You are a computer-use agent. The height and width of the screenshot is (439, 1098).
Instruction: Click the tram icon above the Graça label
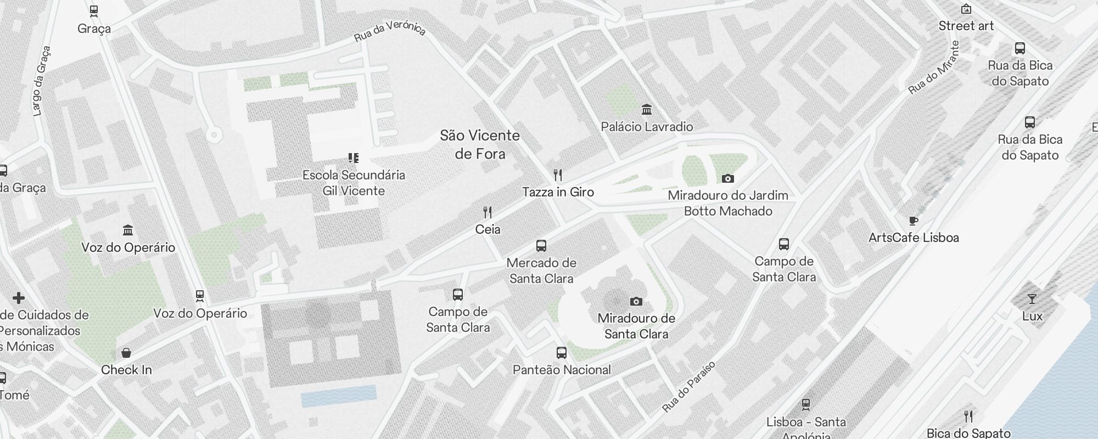coord(94,10)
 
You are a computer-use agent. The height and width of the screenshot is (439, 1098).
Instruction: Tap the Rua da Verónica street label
coord(390,31)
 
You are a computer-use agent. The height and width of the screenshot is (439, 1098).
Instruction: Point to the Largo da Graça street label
coord(42,81)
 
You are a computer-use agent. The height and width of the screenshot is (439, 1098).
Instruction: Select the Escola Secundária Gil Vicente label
coord(354,183)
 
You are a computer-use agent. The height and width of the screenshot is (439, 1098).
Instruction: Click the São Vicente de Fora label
coord(480,144)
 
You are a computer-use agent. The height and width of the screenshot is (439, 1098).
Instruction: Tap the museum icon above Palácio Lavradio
coord(647,110)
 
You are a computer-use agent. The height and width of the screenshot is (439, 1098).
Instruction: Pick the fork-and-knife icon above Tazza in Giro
coord(558,175)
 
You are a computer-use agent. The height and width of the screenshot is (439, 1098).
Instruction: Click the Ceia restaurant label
coord(488,229)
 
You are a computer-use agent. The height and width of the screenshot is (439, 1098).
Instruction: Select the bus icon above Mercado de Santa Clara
coord(541,246)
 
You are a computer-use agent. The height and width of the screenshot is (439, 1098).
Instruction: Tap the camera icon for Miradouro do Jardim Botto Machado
coord(728,178)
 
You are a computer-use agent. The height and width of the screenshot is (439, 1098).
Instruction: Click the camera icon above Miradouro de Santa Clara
coord(636,301)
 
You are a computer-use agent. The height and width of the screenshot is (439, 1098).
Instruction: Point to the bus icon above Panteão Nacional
coord(561,353)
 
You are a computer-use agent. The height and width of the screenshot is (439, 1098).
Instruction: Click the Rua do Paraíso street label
coord(689,387)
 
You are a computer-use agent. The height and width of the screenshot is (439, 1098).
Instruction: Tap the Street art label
coord(966,26)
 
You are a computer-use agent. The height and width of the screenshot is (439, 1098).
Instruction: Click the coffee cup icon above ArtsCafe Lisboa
coord(914,221)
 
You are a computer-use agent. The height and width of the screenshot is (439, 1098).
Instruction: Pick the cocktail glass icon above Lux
coord(1032,299)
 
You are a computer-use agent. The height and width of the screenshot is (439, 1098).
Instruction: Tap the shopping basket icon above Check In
coord(126,353)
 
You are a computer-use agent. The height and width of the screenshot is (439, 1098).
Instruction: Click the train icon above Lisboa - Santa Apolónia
coord(806,405)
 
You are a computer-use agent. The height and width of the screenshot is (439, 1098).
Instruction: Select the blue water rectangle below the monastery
coord(339,396)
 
